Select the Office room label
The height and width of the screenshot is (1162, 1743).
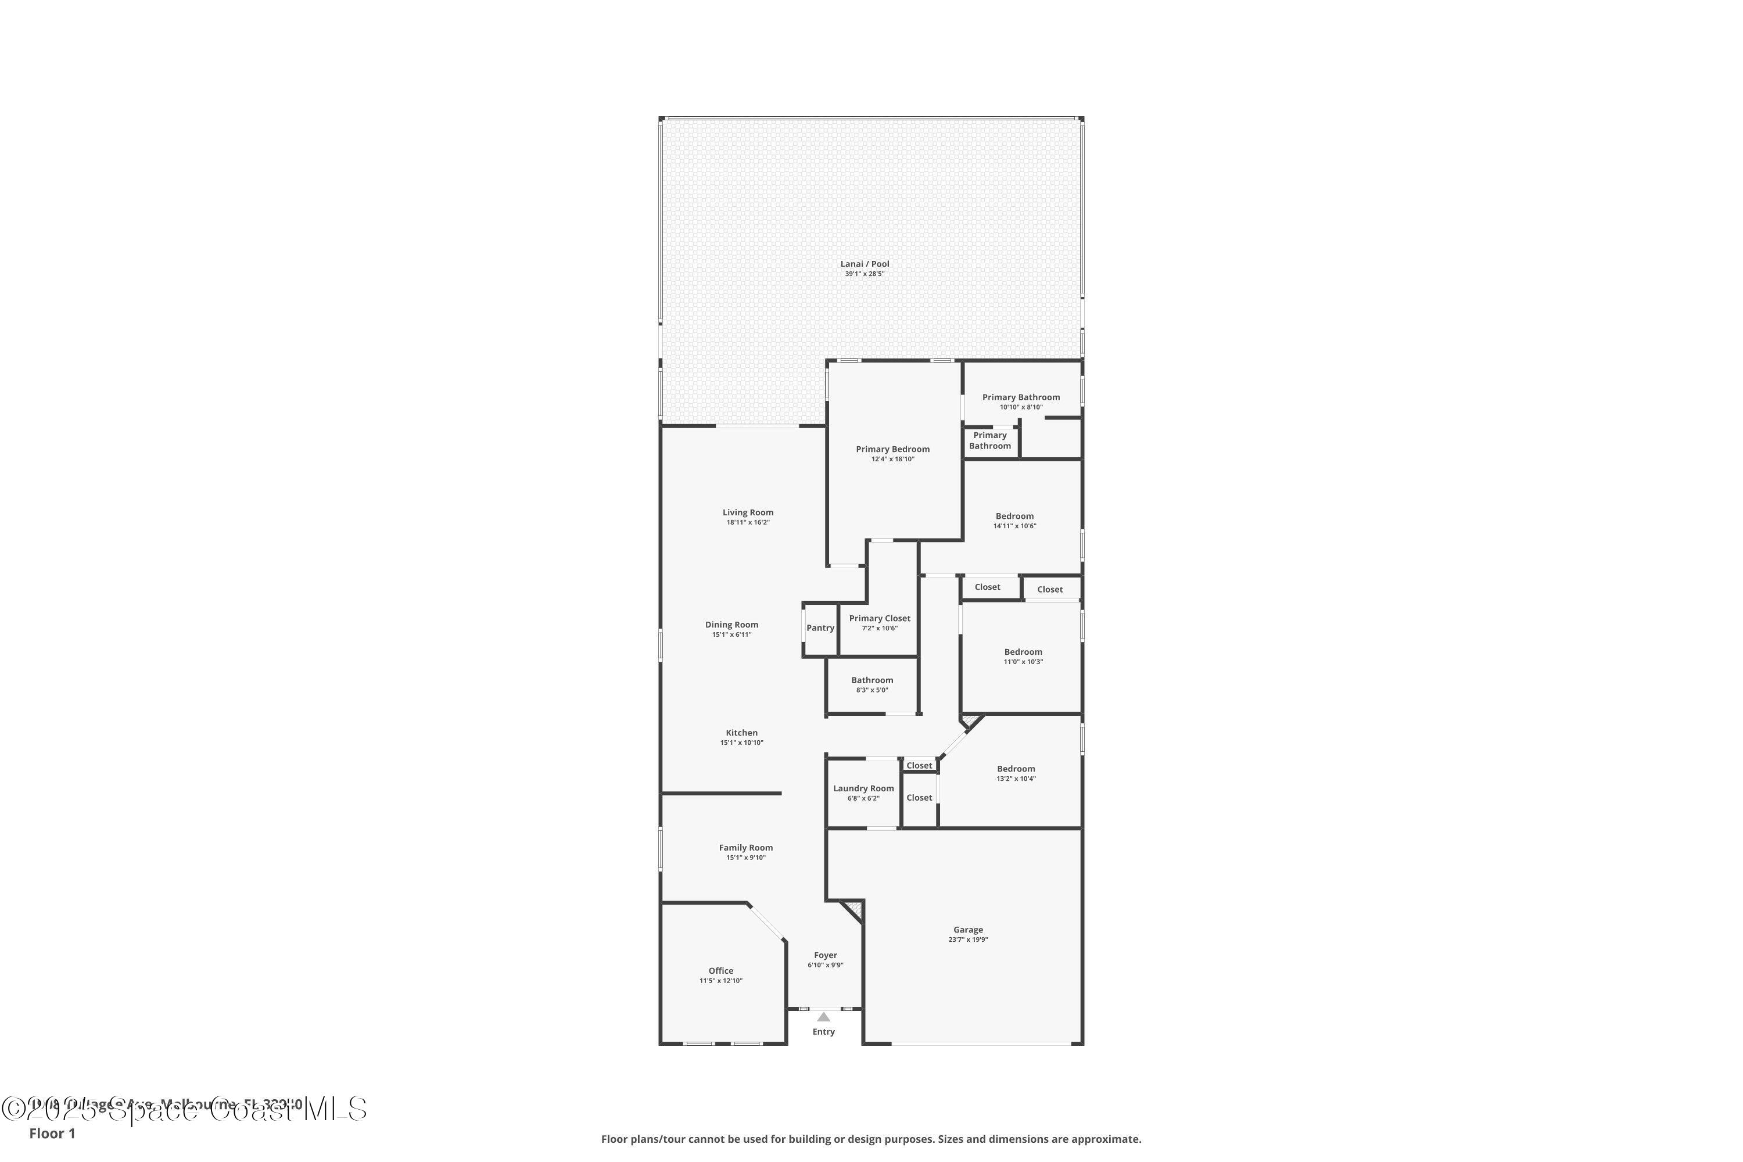[720, 970]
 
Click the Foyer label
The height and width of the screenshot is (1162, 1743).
[825, 955]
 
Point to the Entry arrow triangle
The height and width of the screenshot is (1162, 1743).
[823, 1017]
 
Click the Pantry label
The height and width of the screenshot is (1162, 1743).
[820, 627]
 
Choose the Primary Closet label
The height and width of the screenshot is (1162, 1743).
[880, 618]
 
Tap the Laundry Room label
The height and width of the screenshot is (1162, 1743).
[863, 788]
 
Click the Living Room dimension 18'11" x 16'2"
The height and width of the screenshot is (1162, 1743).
[748, 522]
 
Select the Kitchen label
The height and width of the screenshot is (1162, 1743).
[741, 733]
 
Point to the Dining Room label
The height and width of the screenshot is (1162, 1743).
[731, 625]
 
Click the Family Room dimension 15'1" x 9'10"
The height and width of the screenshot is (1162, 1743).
[745, 858]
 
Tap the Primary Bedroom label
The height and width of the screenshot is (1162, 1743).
[892, 449]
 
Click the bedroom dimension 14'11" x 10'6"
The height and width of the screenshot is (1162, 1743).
[1014, 526]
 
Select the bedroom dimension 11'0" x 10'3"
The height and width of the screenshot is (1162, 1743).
[1023, 662]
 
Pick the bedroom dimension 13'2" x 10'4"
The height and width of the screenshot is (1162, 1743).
[1015, 779]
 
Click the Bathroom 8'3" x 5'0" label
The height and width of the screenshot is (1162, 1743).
[871, 680]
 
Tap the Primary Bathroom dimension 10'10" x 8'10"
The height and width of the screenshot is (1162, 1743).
[1020, 407]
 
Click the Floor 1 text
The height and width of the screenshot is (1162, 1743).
[52, 1133]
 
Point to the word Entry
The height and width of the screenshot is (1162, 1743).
[823, 1032]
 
